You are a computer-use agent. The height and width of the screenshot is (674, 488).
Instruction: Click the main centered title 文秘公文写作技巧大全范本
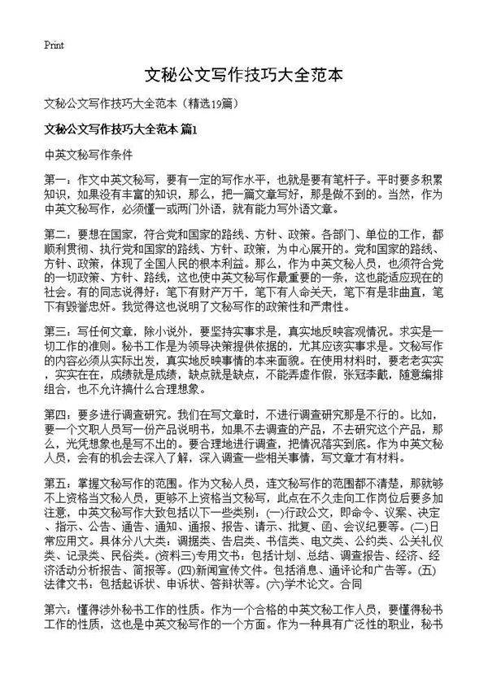pos(243,76)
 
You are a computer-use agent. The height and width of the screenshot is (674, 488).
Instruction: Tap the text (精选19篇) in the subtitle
pos(212,103)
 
